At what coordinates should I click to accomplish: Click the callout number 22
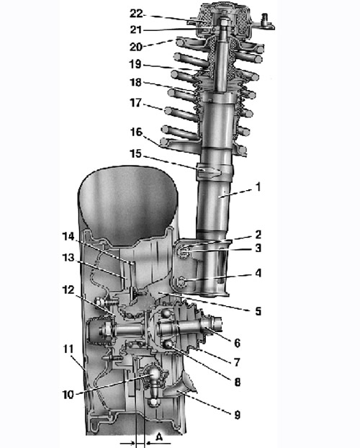[x=136, y=14]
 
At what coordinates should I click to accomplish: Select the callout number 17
[x=135, y=103]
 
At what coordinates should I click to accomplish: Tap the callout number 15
[x=135, y=153]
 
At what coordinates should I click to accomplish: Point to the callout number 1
[x=258, y=187]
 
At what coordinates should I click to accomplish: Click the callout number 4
[x=258, y=273]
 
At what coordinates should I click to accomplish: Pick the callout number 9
[x=237, y=415]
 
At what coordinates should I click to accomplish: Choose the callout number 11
[x=68, y=349]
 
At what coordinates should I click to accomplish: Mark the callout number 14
[x=68, y=236]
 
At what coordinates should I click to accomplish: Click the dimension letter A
[x=159, y=437]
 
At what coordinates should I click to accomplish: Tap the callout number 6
[x=237, y=343]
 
